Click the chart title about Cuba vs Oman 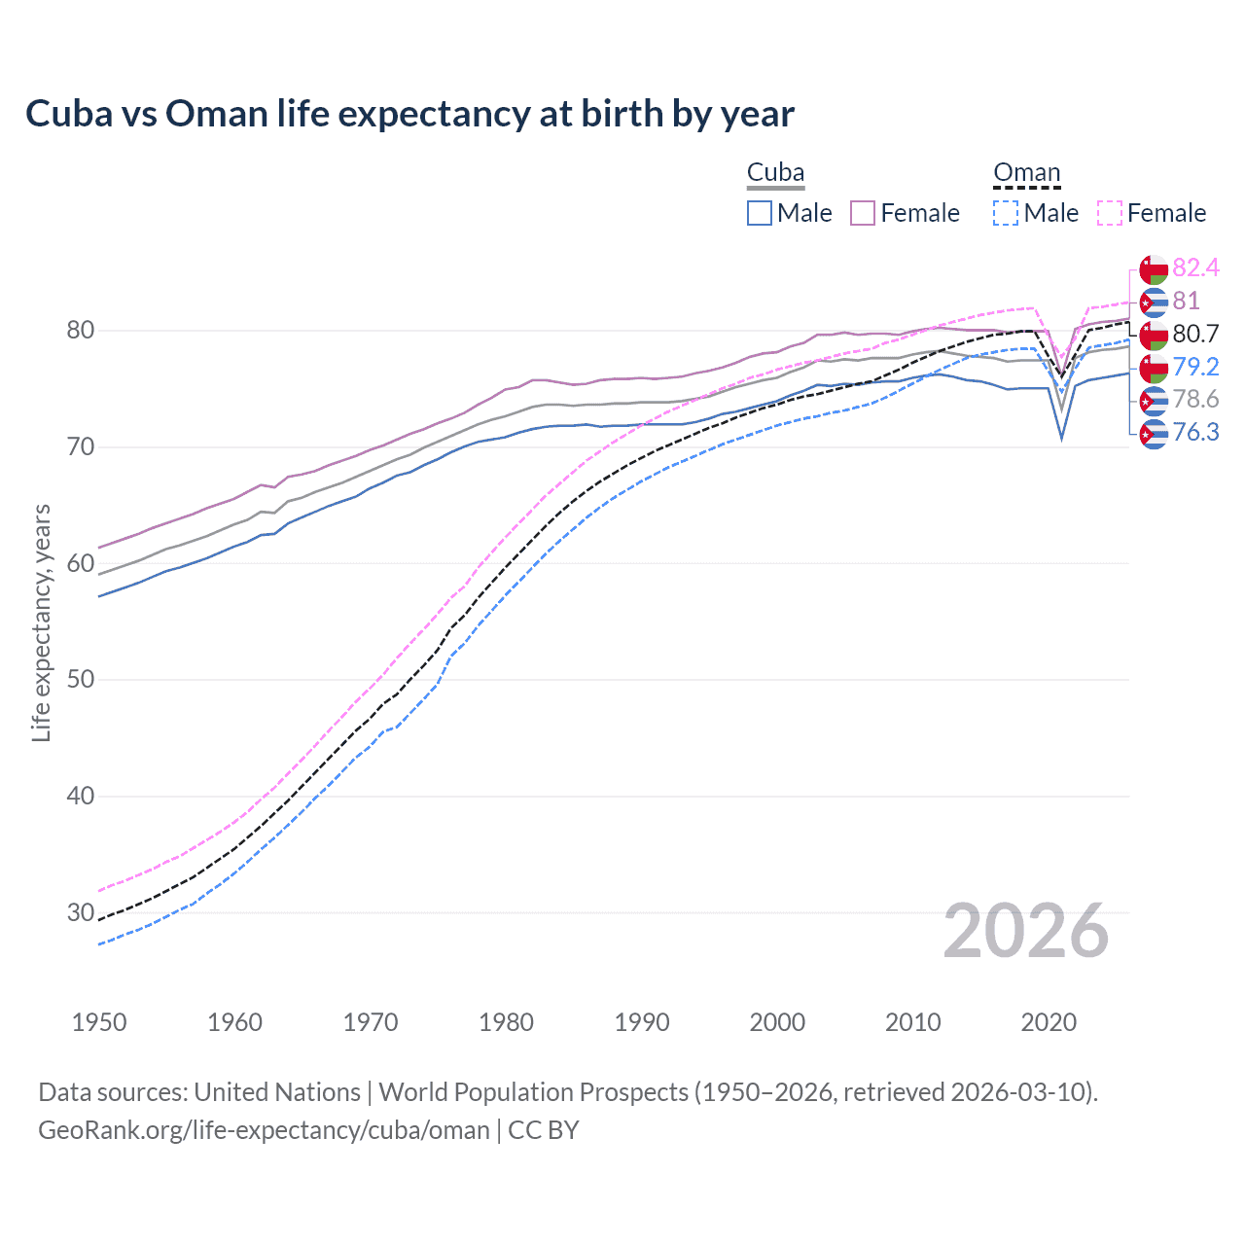[409, 114]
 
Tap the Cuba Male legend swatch [760, 213]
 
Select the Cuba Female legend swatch [863, 213]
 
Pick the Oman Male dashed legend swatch [1006, 213]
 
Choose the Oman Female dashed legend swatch [1109, 213]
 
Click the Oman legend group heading [1026, 173]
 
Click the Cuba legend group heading [775, 173]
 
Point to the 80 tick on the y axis [80, 331]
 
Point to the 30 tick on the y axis [80, 912]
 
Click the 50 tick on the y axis [80, 680]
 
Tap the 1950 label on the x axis [99, 1022]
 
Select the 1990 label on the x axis [642, 1022]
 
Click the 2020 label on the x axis [1049, 1022]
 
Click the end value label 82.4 [1195, 267]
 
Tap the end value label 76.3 [1195, 432]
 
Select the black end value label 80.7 [1195, 334]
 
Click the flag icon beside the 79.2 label [1154, 368]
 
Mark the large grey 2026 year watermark [1025, 931]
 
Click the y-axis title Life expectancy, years [42, 622]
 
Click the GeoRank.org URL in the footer [264, 1130]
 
